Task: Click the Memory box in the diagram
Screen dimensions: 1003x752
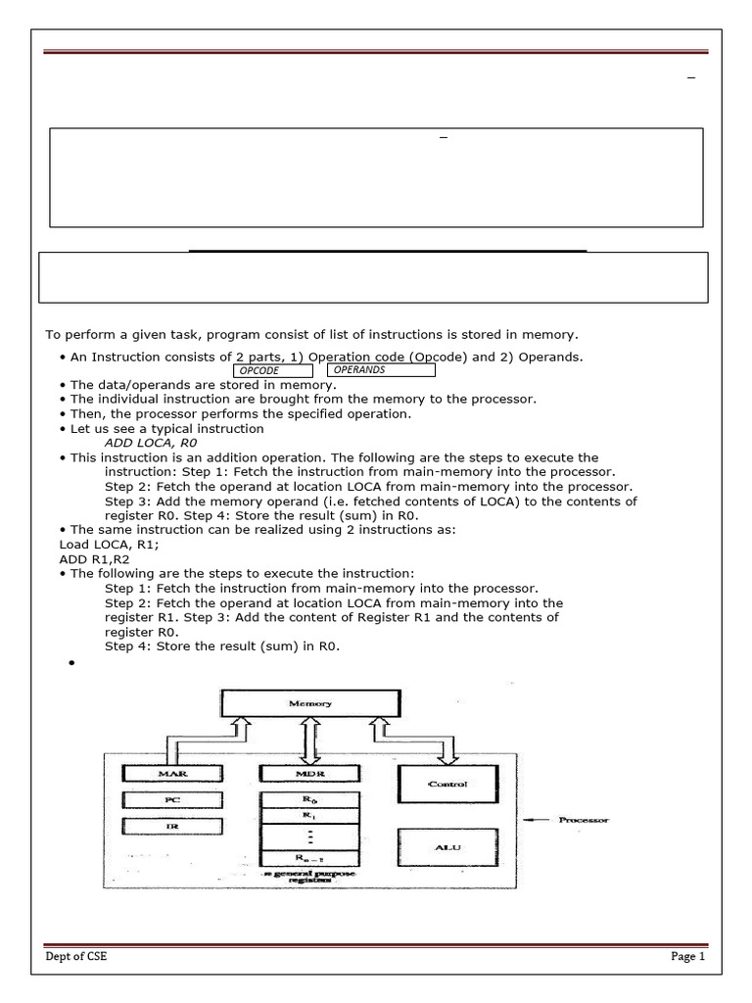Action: point(309,702)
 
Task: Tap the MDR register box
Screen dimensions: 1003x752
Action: point(309,774)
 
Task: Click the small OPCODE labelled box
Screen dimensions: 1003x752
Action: point(272,371)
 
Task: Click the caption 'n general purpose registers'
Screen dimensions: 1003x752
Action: point(309,877)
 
